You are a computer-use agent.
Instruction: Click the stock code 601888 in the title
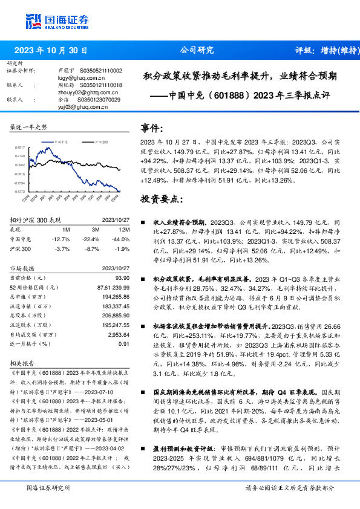[x=226, y=96]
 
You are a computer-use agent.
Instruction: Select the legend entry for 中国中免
[x=59, y=140]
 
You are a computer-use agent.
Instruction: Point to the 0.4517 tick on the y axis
[x=20, y=147]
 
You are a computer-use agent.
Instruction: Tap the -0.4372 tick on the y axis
[x=20, y=192]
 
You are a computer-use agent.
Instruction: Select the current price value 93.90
[x=123, y=277]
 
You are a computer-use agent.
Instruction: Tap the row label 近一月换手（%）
[x=29, y=343]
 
